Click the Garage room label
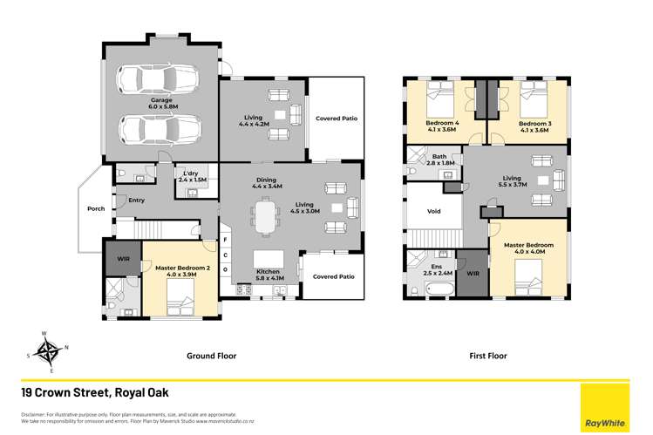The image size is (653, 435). pyautogui.click(x=160, y=105)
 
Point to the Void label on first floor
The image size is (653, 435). pyautogui.click(x=433, y=212)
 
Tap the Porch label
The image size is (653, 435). pyautogui.click(x=96, y=209)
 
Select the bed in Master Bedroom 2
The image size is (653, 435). pyautogui.click(x=178, y=303)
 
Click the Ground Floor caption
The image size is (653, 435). pyautogui.click(x=212, y=356)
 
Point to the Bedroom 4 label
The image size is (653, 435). pyautogui.click(x=442, y=127)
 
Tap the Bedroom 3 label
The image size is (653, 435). pyautogui.click(x=534, y=127)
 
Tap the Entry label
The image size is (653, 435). pyautogui.click(x=136, y=201)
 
